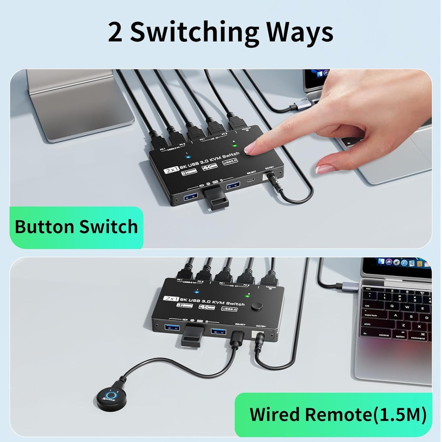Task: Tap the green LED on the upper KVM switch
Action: [234, 145]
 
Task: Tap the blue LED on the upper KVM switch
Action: [186, 158]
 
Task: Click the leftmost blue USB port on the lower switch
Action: [170, 328]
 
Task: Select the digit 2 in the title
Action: [115, 33]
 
